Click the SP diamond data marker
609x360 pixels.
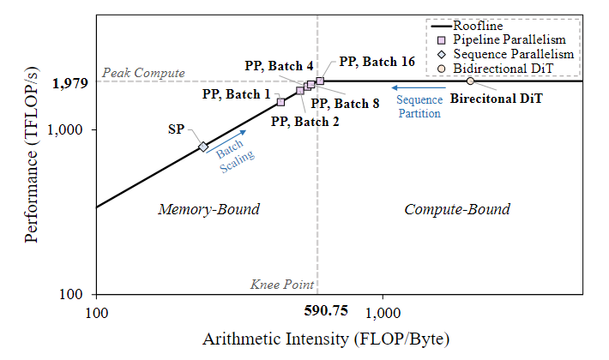point(203,147)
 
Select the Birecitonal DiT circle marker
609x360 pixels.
point(469,81)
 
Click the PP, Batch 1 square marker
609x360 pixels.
point(280,102)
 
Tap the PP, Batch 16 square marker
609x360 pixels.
point(320,81)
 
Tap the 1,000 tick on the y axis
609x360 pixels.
point(73,130)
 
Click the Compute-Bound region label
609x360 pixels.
point(457,209)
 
